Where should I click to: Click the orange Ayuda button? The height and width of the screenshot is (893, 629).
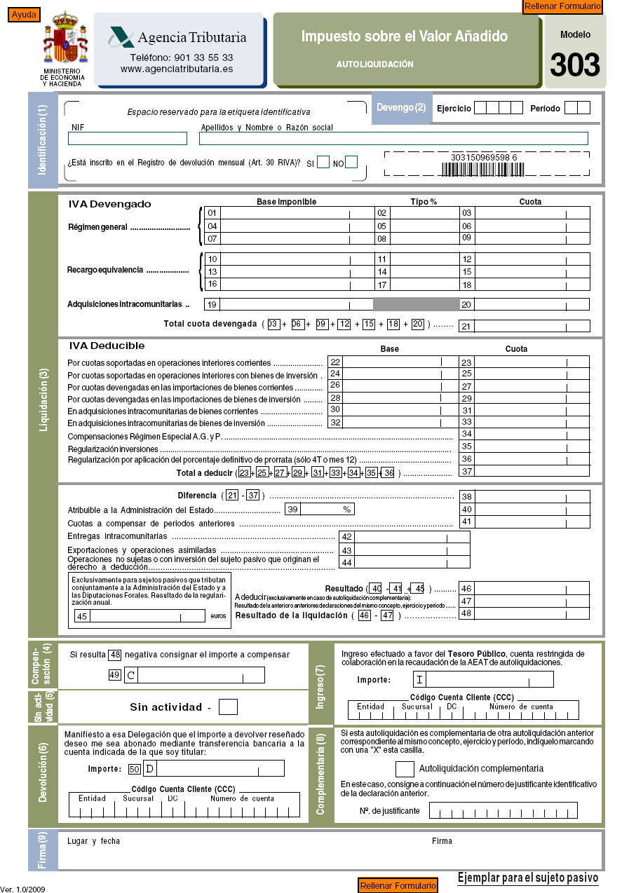click(24, 15)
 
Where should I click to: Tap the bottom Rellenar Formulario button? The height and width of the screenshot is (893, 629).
click(397, 885)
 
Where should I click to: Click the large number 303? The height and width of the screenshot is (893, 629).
click(574, 65)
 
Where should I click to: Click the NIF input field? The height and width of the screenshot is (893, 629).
click(127, 139)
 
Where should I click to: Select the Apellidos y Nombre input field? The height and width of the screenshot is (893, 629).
click(393, 139)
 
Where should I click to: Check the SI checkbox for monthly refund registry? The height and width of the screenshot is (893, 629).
click(323, 163)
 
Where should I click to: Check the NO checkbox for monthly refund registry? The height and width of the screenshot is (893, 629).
click(351, 163)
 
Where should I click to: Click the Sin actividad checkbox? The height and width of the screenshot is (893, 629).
click(228, 707)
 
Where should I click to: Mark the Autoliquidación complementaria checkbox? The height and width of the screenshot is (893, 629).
click(405, 769)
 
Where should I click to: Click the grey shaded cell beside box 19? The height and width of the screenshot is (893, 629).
click(416, 304)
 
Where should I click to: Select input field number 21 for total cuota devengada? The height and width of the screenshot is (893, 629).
click(532, 325)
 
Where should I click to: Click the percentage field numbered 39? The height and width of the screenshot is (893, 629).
click(327, 510)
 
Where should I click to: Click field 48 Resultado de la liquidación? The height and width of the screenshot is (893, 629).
click(532, 613)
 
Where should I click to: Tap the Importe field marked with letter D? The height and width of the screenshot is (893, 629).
click(219, 769)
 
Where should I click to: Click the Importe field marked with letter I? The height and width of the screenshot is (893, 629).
click(489, 679)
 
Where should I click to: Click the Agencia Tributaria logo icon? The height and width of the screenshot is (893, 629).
click(121, 37)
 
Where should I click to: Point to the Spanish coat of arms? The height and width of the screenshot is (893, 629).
click(66, 41)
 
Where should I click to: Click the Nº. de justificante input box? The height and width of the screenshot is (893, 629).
click(503, 811)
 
